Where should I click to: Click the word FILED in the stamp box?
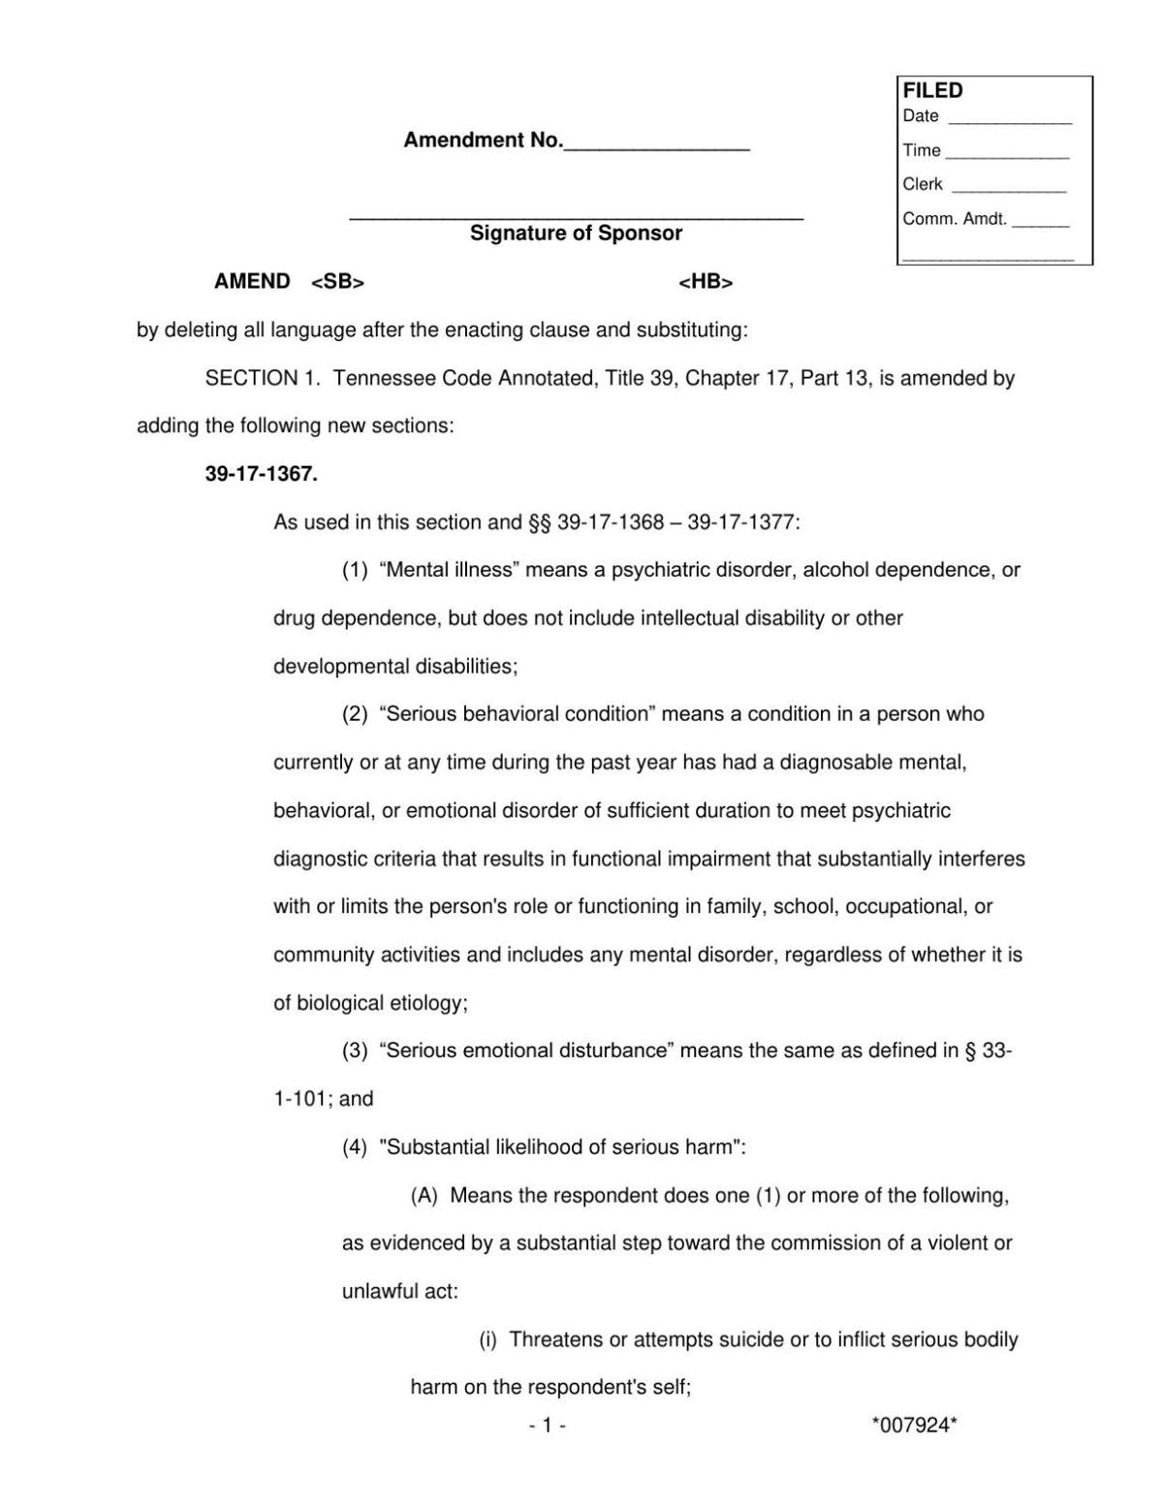[932, 91]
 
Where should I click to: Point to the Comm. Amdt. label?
[955, 219]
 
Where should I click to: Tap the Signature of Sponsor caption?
[576, 234]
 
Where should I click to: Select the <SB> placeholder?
[337, 282]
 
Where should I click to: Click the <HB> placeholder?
[706, 282]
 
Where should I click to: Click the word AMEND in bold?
[252, 282]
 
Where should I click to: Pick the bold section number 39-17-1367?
[262, 475]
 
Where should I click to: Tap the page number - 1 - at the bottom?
[548, 1425]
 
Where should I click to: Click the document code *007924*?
[914, 1425]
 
